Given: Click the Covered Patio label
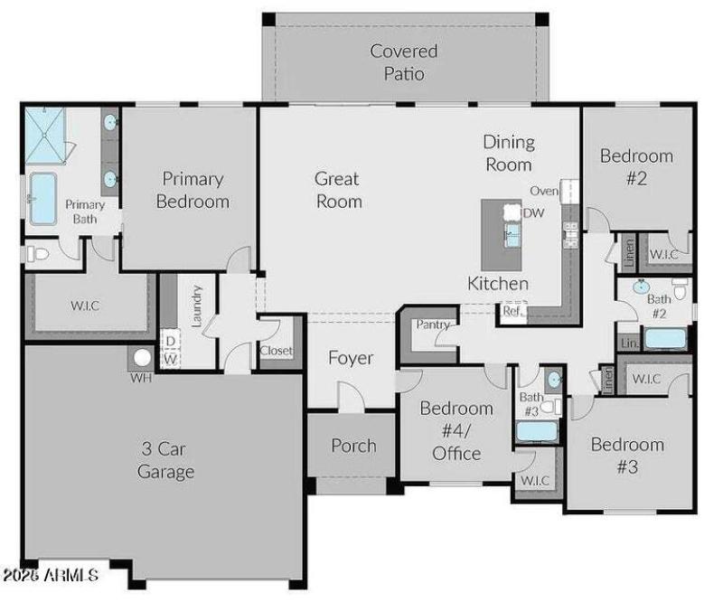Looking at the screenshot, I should (403, 62).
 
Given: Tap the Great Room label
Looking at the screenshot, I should (338, 190).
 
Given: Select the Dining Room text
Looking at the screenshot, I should (509, 153).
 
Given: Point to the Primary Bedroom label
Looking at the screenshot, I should (192, 190).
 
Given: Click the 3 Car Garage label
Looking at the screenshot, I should (165, 460).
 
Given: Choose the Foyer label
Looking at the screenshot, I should (351, 358).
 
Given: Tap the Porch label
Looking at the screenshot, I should (353, 445).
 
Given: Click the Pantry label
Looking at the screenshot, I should (432, 325).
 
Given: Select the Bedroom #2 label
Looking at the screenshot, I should (636, 167).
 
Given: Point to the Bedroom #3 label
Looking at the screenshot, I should (627, 456).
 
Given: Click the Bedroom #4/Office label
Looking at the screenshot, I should (456, 431).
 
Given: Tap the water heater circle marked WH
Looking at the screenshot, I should (142, 358).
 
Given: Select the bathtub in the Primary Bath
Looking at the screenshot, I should (42, 199).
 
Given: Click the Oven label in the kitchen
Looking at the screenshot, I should (544, 191).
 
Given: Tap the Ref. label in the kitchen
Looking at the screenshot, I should (512, 310).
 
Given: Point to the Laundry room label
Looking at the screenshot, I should (196, 304).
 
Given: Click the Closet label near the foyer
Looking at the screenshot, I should (276, 351).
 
